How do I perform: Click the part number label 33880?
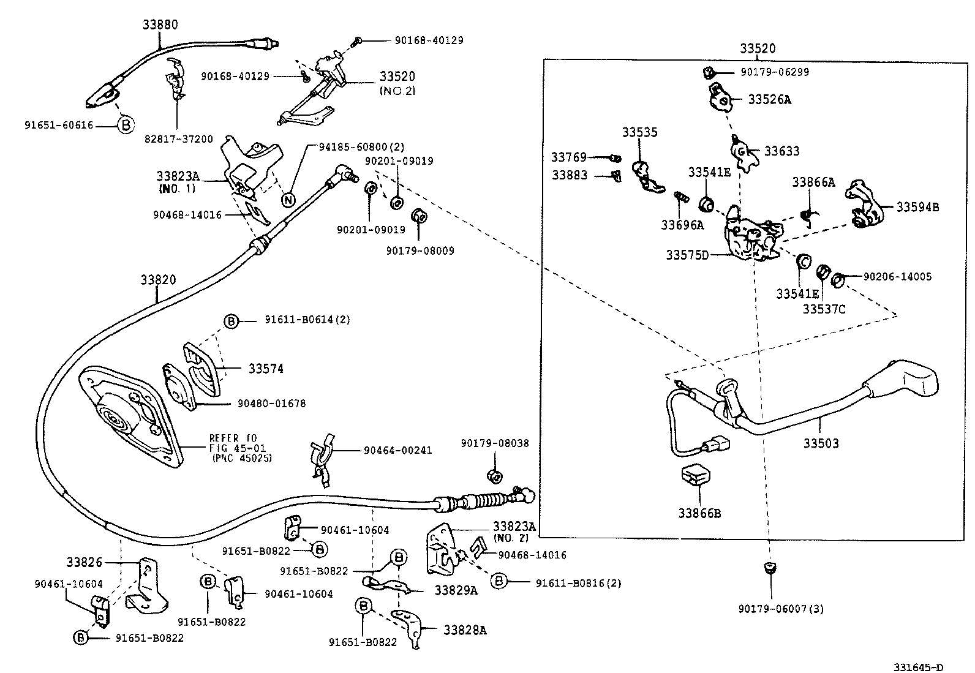160,25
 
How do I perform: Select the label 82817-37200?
179,139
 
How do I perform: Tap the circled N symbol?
288,200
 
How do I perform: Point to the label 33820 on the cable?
158,280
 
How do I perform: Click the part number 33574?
266,369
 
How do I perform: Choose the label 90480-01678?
271,404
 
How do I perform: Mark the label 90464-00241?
397,450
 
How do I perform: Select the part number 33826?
85,562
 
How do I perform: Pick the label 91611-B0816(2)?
578,583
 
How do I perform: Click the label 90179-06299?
774,72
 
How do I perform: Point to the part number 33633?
781,151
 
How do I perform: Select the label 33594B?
917,207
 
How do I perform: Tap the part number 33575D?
687,254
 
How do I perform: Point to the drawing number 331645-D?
917,667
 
